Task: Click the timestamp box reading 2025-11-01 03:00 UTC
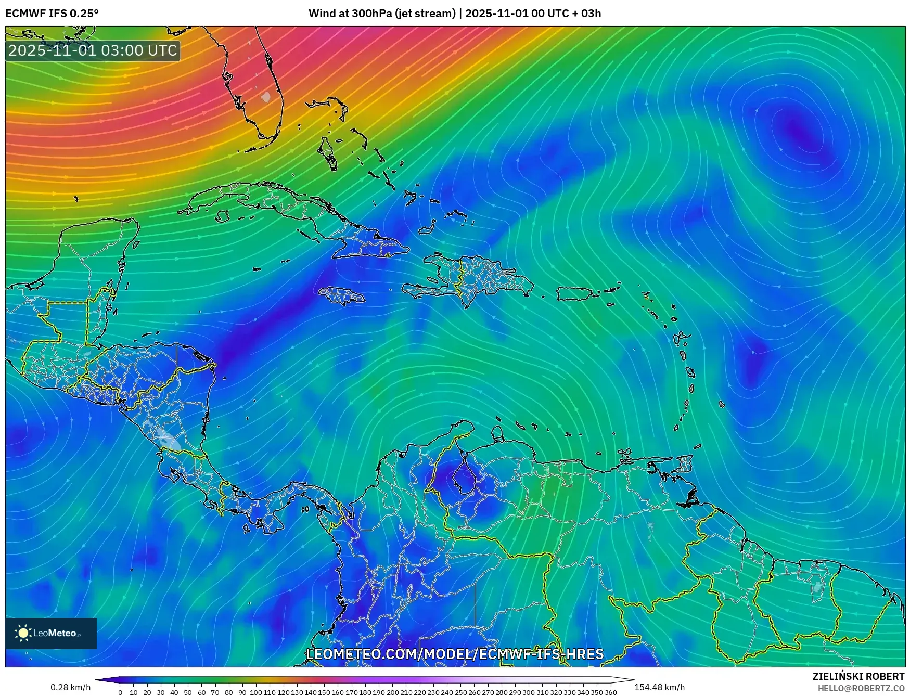(93, 50)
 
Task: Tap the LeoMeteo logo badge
(51, 633)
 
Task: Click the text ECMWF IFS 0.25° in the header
(52, 14)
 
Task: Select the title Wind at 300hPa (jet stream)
(382, 14)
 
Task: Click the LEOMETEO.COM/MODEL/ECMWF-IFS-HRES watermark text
(455, 654)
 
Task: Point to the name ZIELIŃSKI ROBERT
(858, 676)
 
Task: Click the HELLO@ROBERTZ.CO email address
(861, 688)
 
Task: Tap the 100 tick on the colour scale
(256, 692)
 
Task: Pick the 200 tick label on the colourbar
(392, 692)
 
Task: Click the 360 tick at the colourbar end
(610, 692)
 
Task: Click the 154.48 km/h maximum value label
(659, 687)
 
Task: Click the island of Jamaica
(342, 297)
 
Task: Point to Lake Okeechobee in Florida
(266, 97)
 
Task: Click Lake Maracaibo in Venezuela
(464, 476)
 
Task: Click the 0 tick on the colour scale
(120, 692)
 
